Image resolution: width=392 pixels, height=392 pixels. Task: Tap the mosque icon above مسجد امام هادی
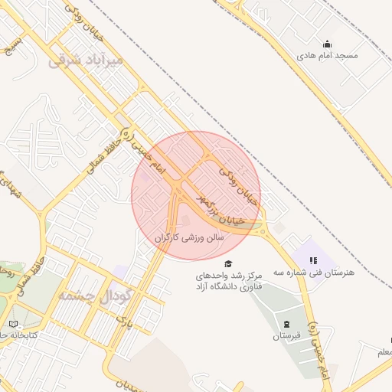(x=328, y=44)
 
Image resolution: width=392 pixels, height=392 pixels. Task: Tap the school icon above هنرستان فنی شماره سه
(x=312, y=260)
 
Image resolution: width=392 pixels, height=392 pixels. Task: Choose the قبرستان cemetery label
(x=287, y=336)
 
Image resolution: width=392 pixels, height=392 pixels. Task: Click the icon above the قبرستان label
(x=287, y=325)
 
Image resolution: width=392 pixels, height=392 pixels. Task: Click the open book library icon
(x=15, y=325)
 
